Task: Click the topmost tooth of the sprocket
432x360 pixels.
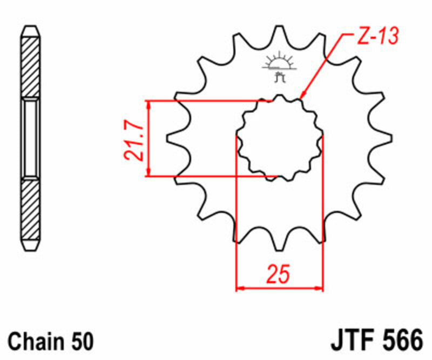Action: pos(280,34)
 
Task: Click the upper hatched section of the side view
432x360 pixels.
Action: pos(30,65)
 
